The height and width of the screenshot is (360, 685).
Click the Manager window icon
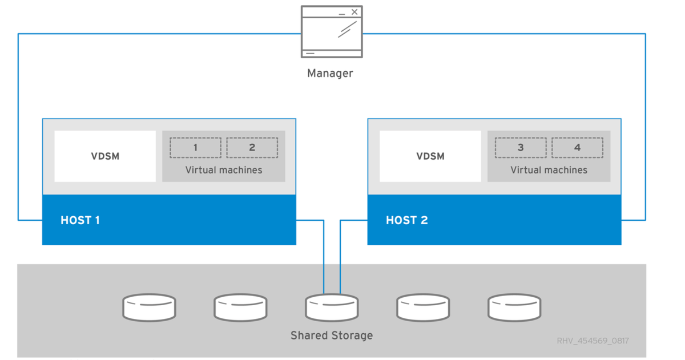(331, 32)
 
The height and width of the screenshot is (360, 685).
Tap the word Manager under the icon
(330, 73)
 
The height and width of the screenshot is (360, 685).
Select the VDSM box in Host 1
(105, 156)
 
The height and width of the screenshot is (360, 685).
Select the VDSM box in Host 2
(430, 156)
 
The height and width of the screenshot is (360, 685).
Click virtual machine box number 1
(195, 148)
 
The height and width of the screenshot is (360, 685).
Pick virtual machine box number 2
(252, 148)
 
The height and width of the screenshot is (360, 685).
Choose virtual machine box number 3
(521, 148)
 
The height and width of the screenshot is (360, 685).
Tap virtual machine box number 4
(577, 148)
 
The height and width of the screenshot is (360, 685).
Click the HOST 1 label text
(80, 220)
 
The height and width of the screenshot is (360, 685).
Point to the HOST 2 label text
(406, 220)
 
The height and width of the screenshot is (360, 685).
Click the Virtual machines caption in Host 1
(224, 170)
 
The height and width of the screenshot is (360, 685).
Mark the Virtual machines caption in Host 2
(549, 170)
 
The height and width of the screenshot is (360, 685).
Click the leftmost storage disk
(149, 307)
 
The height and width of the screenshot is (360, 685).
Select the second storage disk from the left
(240, 307)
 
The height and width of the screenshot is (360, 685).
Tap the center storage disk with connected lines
(332, 308)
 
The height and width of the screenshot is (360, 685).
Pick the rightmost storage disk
(514, 307)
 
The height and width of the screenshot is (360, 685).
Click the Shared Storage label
(332, 335)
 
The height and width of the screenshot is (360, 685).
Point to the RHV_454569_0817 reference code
(593, 341)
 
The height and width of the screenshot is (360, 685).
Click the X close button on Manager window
(354, 12)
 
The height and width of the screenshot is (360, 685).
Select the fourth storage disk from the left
(423, 307)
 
